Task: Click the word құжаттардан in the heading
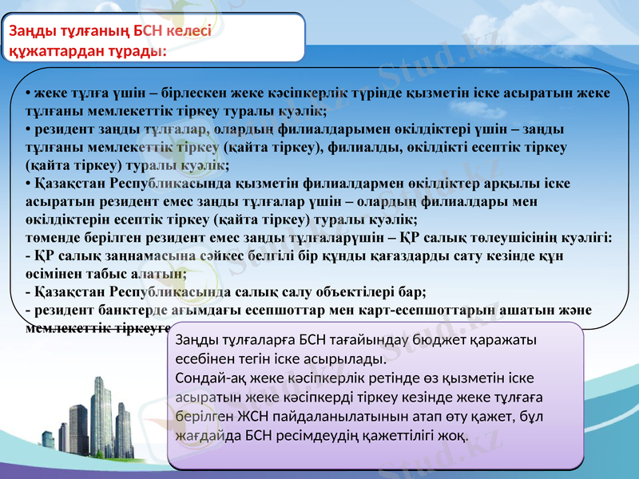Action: click(47, 50)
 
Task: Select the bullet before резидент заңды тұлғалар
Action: click(28, 129)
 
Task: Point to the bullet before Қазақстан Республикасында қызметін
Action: click(28, 184)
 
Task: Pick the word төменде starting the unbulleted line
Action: click(50, 237)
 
